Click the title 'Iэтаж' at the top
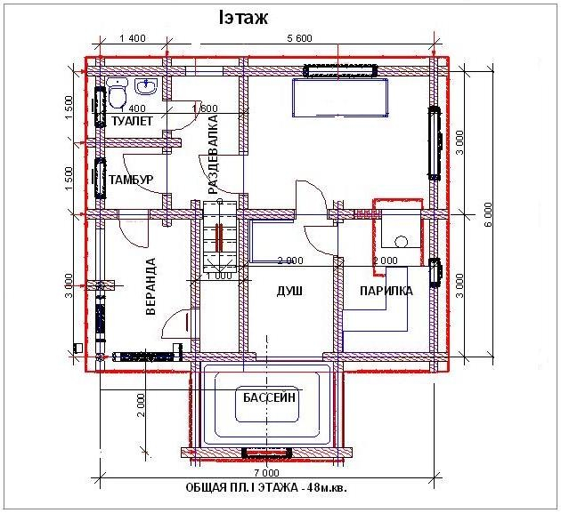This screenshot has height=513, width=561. tap(243, 18)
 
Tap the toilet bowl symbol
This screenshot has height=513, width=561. tap(117, 93)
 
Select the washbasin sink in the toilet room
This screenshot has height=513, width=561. tap(146, 86)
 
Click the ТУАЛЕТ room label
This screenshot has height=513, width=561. tap(132, 121)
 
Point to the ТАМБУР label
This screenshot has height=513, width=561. tap(131, 180)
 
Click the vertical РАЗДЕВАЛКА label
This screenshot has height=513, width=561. tap(213, 155)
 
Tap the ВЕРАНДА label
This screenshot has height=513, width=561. tap(151, 286)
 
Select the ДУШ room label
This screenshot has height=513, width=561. tap(289, 291)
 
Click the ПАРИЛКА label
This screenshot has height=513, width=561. tap(386, 291)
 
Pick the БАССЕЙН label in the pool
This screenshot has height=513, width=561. tap(269, 397)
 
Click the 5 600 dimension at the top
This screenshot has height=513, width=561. tap(300, 38)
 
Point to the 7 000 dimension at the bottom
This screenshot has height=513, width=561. tap(266, 473)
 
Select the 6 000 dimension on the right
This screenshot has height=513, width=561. tap(488, 214)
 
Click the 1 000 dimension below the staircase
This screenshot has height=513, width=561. tap(219, 276)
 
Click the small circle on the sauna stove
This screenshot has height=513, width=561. tap(402, 242)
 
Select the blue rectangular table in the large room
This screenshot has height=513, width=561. tap(340, 98)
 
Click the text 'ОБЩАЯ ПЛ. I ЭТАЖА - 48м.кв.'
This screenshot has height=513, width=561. tap(266, 487)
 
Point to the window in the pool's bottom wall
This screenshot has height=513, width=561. tap(267, 453)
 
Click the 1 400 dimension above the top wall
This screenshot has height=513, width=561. tap(133, 38)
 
